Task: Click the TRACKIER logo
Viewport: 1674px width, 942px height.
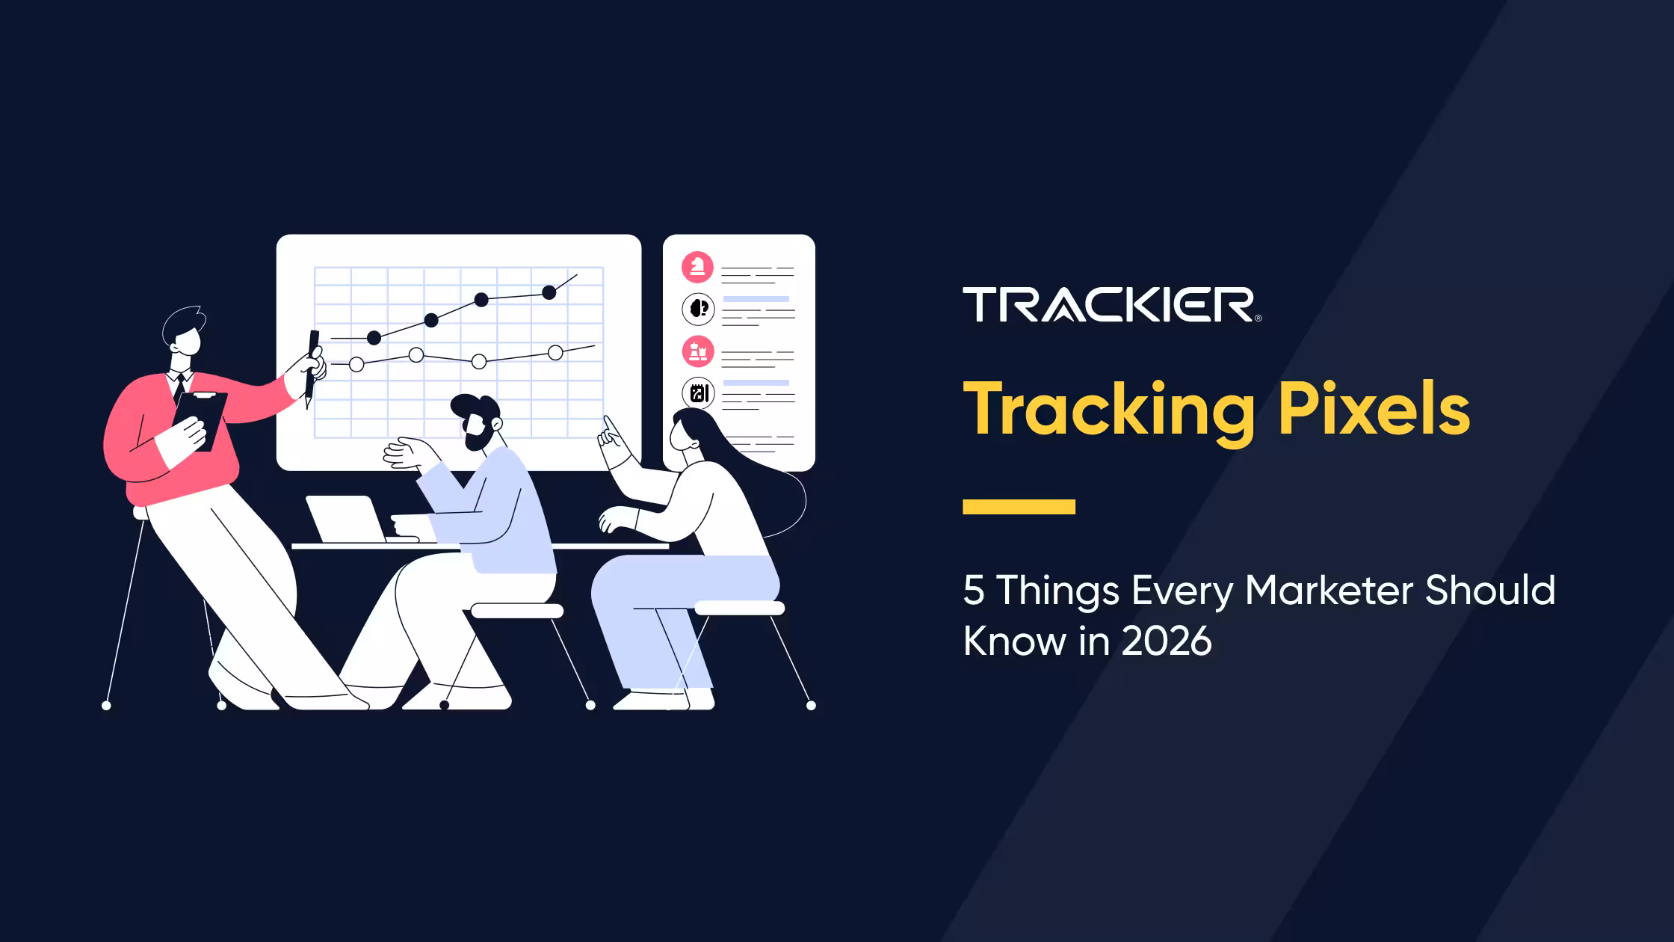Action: point(1111,304)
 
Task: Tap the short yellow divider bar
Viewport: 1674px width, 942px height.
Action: point(1019,507)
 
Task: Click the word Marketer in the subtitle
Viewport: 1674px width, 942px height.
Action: point(1329,590)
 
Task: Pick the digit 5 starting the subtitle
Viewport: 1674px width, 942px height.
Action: point(973,591)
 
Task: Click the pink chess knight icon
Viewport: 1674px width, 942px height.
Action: point(698,267)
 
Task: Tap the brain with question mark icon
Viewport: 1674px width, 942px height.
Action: point(698,309)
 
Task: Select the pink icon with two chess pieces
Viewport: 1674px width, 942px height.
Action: point(698,351)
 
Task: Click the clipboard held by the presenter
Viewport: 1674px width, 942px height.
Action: point(200,419)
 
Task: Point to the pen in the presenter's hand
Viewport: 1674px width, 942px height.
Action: point(312,368)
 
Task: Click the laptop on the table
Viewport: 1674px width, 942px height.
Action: point(346,519)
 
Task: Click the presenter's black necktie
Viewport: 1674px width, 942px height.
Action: point(179,387)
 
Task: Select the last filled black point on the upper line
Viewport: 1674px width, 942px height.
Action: point(549,292)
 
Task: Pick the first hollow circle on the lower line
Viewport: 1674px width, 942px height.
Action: point(356,364)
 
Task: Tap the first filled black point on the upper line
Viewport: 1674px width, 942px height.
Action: point(374,338)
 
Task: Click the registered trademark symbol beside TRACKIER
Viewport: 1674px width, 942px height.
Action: point(1258,318)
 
